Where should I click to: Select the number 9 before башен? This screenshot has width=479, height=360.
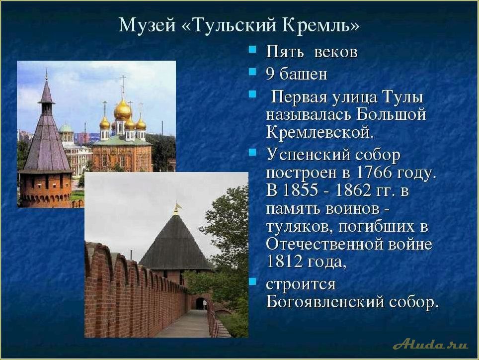click(270, 74)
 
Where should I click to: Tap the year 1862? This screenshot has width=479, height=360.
click(351, 191)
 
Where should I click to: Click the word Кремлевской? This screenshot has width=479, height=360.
click(319, 132)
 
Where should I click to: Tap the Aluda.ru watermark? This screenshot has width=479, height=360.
click(430, 344)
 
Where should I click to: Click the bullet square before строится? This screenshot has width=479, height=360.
click(253, 282)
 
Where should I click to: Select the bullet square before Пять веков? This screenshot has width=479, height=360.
click(253, 50)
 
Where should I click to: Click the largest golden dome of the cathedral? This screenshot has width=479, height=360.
click(122, 110)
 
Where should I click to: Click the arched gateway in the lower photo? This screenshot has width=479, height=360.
click(200, 303)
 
